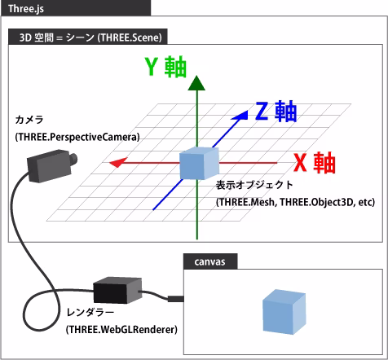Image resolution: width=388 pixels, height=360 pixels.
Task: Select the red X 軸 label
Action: (314, 163)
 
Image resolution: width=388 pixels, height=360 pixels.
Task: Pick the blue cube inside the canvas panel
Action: (282, 313)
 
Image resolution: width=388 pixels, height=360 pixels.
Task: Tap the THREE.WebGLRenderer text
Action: (121, 329)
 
